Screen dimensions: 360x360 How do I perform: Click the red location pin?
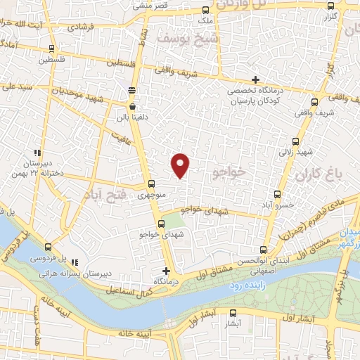tap(181, 164)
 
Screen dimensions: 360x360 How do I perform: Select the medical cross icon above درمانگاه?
tap(166, 271)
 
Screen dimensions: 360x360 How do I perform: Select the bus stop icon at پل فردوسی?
tap(48, 247)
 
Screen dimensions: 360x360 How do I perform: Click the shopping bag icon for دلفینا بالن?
tap(132, 106)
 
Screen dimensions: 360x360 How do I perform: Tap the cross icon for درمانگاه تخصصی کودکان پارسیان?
tap(255, 79)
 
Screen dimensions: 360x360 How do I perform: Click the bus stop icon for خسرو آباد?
tap(277, 193)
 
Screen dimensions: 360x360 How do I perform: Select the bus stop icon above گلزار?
tap(331, 4)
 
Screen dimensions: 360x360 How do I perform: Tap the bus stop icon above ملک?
tap(205, 11)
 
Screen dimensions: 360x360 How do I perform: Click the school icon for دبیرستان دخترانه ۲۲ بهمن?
tap(37, 153)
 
